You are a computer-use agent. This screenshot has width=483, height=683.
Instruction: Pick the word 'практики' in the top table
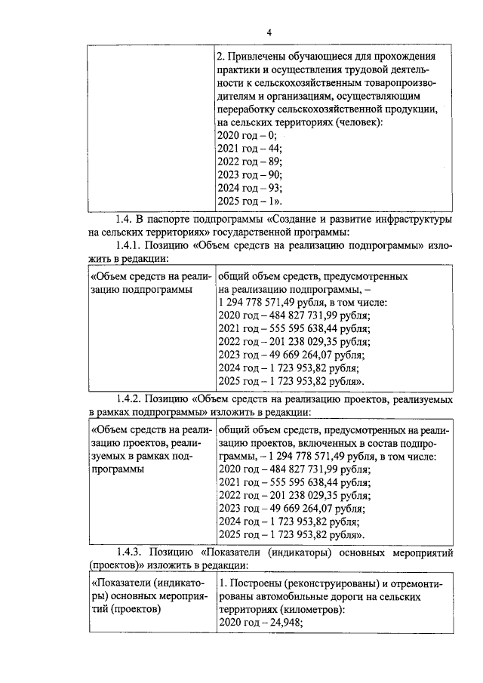click(238, 70)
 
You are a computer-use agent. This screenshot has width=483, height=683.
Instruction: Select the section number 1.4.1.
click(129, 246)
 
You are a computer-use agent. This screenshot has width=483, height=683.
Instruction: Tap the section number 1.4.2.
click(129, 398)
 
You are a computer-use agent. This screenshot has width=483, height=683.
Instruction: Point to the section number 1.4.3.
click(129, 553)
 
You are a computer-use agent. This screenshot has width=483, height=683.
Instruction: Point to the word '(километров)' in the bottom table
click(309, 610)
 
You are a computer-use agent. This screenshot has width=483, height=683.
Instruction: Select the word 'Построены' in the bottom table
click(255, 583)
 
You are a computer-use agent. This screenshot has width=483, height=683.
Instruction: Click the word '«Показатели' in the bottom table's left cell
click(122, 583)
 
